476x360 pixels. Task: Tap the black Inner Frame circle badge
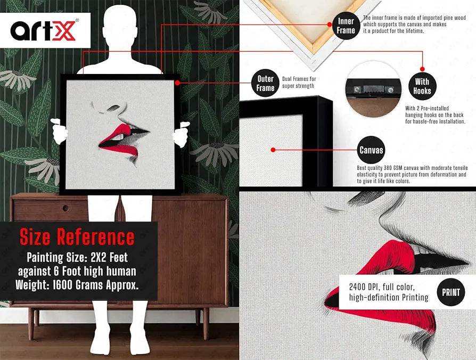tap(346, 26)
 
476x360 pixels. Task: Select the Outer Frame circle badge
tap(265, 83)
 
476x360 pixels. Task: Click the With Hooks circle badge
tap(422, 86)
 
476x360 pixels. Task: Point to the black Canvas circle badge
tap(371, 150)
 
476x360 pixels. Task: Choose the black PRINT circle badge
tap(451, 292)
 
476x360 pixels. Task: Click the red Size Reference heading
tap(77, 237)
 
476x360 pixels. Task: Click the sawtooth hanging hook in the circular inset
tap(373, 89)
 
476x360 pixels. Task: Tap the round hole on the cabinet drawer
tap(65, 208)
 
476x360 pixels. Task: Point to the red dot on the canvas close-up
tap(273, 150)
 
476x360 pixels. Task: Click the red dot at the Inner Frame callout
tap(330, 24)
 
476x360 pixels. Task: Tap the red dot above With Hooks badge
tap(422, 69)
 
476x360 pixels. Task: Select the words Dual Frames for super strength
tap(299, 82)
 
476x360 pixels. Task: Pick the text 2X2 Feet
tap(109, 257)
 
